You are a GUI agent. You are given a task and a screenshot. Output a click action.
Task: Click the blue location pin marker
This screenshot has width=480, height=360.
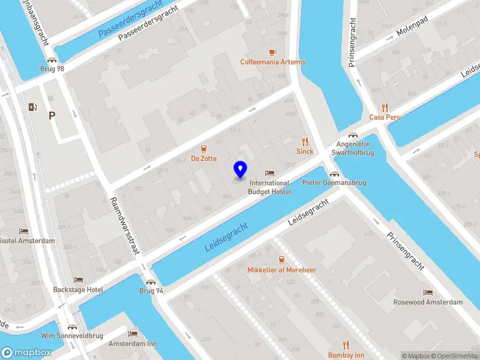click(x=240, y=169)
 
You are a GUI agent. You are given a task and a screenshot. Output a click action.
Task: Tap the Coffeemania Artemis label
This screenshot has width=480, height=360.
click(x=272, y=62)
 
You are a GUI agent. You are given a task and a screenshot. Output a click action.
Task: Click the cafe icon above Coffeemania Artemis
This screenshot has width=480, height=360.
click(x=272, y=52)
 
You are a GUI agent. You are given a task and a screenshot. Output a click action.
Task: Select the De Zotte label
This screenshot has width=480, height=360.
click(x=203, y=158)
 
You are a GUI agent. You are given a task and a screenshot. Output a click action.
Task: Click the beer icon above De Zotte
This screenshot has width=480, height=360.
click(x=203, y=149)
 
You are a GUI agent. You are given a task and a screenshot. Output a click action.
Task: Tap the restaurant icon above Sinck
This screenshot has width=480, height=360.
click(x=305, y=142)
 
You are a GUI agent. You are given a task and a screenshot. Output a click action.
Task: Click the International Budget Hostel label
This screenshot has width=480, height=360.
click(x=269, y=187)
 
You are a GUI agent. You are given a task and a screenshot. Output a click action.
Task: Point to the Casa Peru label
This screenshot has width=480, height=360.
click(x=385, y=117)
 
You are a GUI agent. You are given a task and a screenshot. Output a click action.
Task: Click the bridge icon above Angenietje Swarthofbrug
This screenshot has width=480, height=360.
click(x=354, y=135)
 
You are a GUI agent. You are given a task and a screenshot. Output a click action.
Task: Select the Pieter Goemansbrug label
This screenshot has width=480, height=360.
click(x=334, y=182)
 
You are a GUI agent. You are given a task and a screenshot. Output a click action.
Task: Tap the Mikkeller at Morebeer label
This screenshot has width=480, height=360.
click(x=281, y=270)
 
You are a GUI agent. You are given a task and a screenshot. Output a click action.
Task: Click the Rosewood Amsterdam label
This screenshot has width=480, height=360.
click(x=428, y=302)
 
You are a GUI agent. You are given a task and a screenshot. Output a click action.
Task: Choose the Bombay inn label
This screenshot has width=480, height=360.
click(x=346, y=355)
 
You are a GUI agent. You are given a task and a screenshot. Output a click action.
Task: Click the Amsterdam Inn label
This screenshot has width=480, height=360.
click(x=133, y=344)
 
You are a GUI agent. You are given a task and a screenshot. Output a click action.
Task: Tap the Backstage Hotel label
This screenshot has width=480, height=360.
click(x=78, y=289)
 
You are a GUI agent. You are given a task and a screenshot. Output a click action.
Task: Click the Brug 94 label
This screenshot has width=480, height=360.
click(x=151, y=290)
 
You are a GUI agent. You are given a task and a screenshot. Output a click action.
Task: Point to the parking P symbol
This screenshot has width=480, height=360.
click(x=52, y=116)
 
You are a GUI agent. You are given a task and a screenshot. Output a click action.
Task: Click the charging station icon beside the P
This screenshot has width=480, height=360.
click(x=32, y=107)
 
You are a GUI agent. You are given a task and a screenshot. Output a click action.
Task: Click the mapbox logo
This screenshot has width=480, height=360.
click(x=25, y=353)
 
